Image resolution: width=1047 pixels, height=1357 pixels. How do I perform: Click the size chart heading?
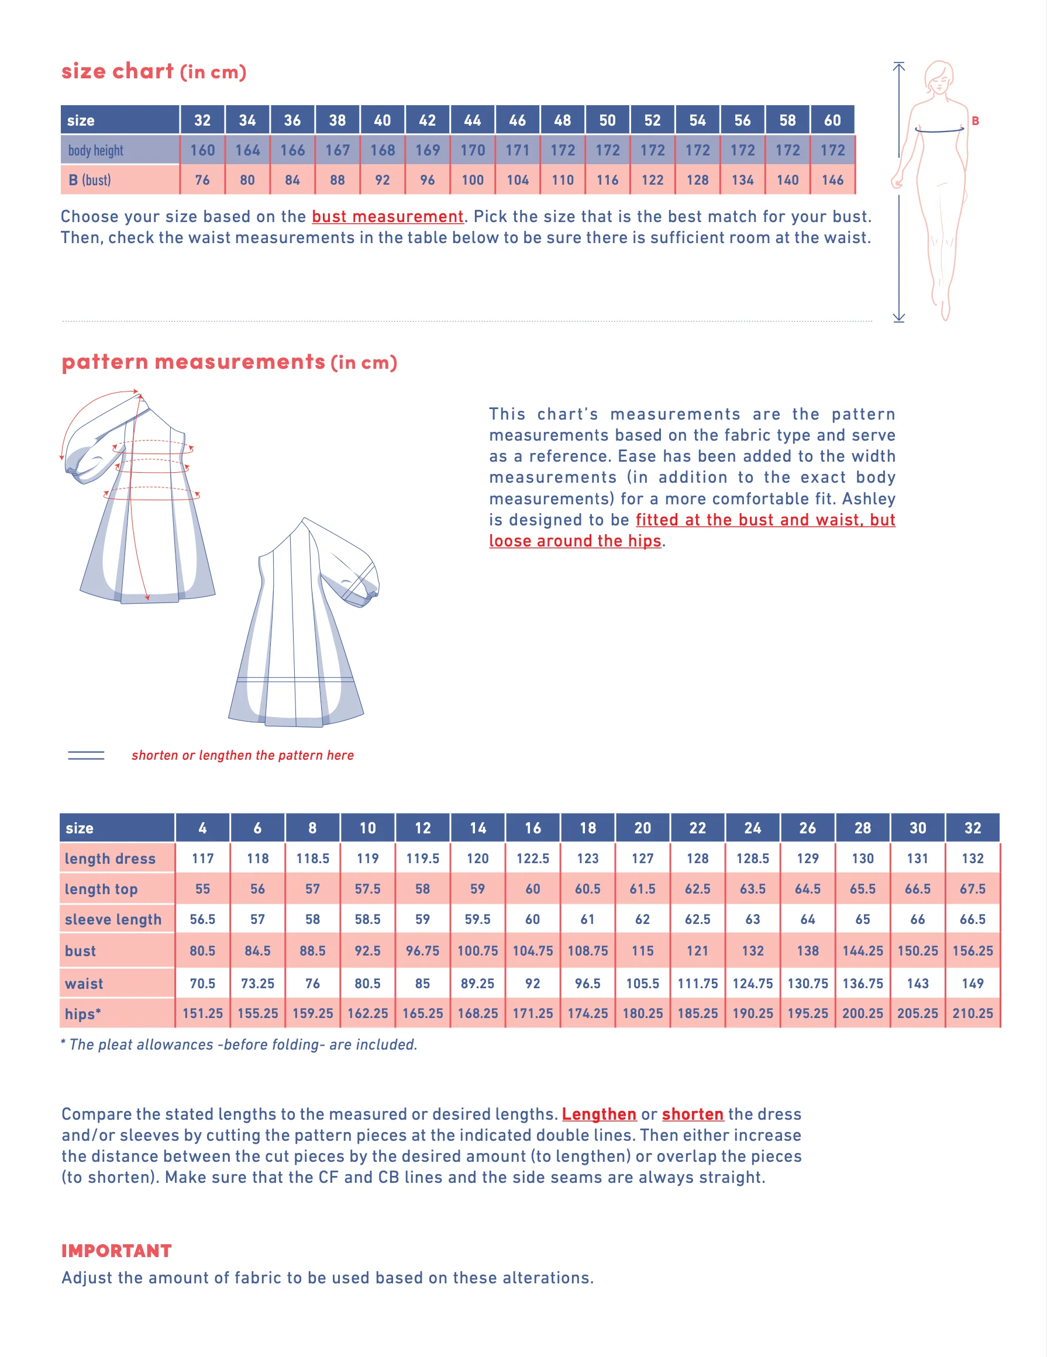pyautogui.click(x=154, y=71)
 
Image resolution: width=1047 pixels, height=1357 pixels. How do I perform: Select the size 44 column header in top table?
pyautogui.click(x=472, y=120)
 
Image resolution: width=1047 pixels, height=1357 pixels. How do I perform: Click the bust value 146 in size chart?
pyautogui.click(x=832, y=180)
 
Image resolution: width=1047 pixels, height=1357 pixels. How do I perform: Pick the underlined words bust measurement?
pyautogui.click(x=387, y=217)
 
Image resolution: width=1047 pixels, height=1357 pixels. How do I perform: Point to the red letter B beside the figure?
pyautogui.click(x=975, y=121)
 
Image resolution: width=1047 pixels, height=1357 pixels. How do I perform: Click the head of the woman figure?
pyautogui.click(x=939, y=77)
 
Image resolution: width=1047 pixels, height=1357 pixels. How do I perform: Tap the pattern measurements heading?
pyautogui.click(x=229, y=362)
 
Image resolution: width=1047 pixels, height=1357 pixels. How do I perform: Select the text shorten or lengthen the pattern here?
pyautogui.click(x=243, y=755)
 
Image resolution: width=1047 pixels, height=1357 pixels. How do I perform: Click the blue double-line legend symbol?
pyautogui.click(x=86, y=755)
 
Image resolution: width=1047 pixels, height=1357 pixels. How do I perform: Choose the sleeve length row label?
pyautogui.click(x=113, y=920)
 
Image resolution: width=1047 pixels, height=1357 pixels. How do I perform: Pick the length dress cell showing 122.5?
pyautogui.click(x=532, y=858)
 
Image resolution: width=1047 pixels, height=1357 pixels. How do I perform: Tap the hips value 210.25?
pyautogui.click(x=972, y=1013)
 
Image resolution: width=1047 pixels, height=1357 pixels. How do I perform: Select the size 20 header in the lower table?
pyautogui.click(x=642, y=828)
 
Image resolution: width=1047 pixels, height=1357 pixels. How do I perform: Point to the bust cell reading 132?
pyautogui.click(x=752, y=951)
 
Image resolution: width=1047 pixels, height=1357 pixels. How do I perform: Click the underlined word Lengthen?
pyautogui.click(x=599, y=1114)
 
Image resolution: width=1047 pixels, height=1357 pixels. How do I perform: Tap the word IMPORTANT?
pyautogui.click(x=116, y=1251)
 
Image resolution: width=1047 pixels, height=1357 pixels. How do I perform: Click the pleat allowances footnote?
pyautogui.click(x=239, y=1044)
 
